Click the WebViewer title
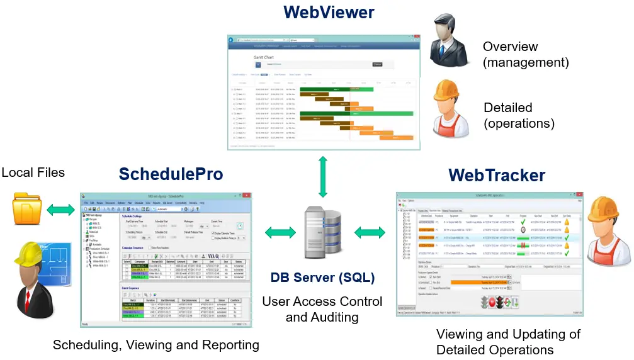[328, 12]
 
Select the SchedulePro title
[171, 174]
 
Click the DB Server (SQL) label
[322, 277]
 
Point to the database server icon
[322, 232]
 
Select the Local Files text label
[33, 172]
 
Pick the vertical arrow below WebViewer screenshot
[322, 177]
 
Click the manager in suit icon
[449, 42]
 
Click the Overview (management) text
[526, 55]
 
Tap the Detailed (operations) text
[519, 115]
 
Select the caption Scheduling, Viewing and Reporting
[156, 344]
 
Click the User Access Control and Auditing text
[322, 309]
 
